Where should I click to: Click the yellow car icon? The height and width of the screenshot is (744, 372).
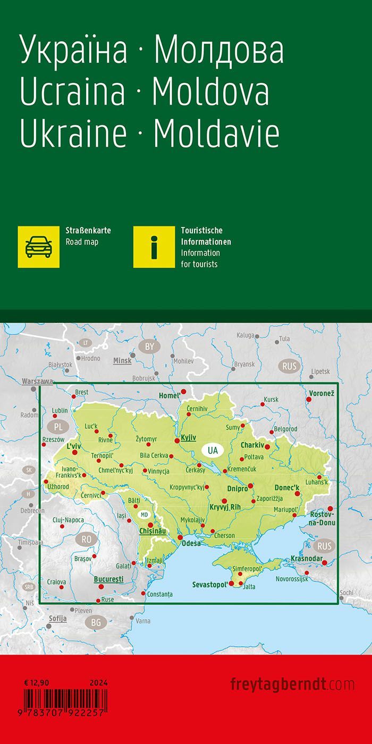pos(39,247)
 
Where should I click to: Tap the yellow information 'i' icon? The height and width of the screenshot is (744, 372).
pos(154,247)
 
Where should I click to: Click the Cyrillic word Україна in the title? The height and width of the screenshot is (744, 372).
pos(74,51)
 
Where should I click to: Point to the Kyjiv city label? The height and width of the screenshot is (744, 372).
pos(189,438)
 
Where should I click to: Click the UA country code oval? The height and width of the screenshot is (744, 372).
pos(213,451)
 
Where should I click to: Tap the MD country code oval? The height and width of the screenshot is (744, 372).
pos(144,514)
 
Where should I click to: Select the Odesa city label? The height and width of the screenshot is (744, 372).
pos(191,543)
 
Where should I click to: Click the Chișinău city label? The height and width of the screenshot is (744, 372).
pos(153,531)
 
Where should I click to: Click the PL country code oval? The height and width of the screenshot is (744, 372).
pos(58,427)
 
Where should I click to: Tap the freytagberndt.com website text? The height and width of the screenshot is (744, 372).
pos(292,684)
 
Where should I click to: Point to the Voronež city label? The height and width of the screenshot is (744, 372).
pos(321,393)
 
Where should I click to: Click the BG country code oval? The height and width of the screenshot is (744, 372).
pos(96,622)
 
